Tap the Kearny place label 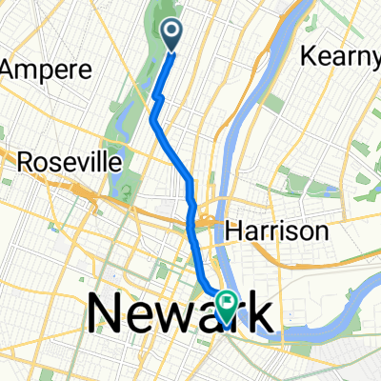(x=341, y=56)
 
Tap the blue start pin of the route (x=172, y=36)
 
